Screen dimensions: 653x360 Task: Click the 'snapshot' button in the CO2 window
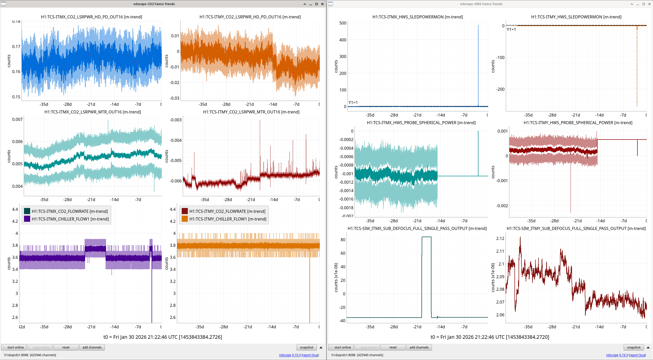[x=306, y=347]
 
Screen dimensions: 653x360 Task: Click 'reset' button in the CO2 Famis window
[x=66, y=347]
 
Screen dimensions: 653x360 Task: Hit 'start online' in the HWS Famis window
[x=341, y=347]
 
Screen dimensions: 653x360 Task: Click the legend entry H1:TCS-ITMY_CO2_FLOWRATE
[x=224, y=211]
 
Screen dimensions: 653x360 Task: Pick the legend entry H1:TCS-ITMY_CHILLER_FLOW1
[x=224, y=219]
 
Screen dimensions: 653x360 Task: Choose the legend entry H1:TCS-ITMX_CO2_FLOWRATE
[x=66, y=211]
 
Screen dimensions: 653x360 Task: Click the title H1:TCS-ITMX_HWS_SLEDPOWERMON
[x=418, y=17]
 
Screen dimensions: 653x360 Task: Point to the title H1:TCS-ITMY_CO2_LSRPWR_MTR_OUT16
[x=251, y=112]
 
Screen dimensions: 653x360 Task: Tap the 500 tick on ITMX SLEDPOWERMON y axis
[x=343, y=23]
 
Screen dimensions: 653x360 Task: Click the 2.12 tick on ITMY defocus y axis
[x=500, y=238]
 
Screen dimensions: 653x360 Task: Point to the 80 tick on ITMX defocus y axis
[x=343, y=240]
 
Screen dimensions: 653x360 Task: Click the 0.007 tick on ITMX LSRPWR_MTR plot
[x=17, y=119]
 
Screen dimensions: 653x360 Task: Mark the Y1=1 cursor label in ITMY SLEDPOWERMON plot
[x=511, y=29]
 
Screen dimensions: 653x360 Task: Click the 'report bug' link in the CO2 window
[x=310, y=355]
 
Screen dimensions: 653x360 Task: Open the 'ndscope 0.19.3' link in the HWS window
[x=617, y=355]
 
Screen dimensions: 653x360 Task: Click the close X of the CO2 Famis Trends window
[x=322, y=4]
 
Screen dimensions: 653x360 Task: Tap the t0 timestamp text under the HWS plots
[x=490, y=337]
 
